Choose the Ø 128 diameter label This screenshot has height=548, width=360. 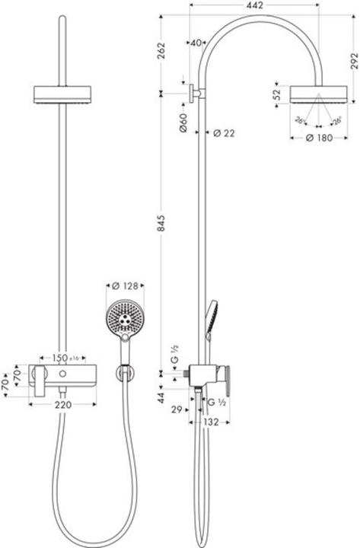[x=126, y=287]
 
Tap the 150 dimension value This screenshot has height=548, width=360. [x=59, y=358]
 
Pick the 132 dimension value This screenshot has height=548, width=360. [x=212, y=421]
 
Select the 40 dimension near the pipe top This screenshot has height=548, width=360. [x=196, y=43]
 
